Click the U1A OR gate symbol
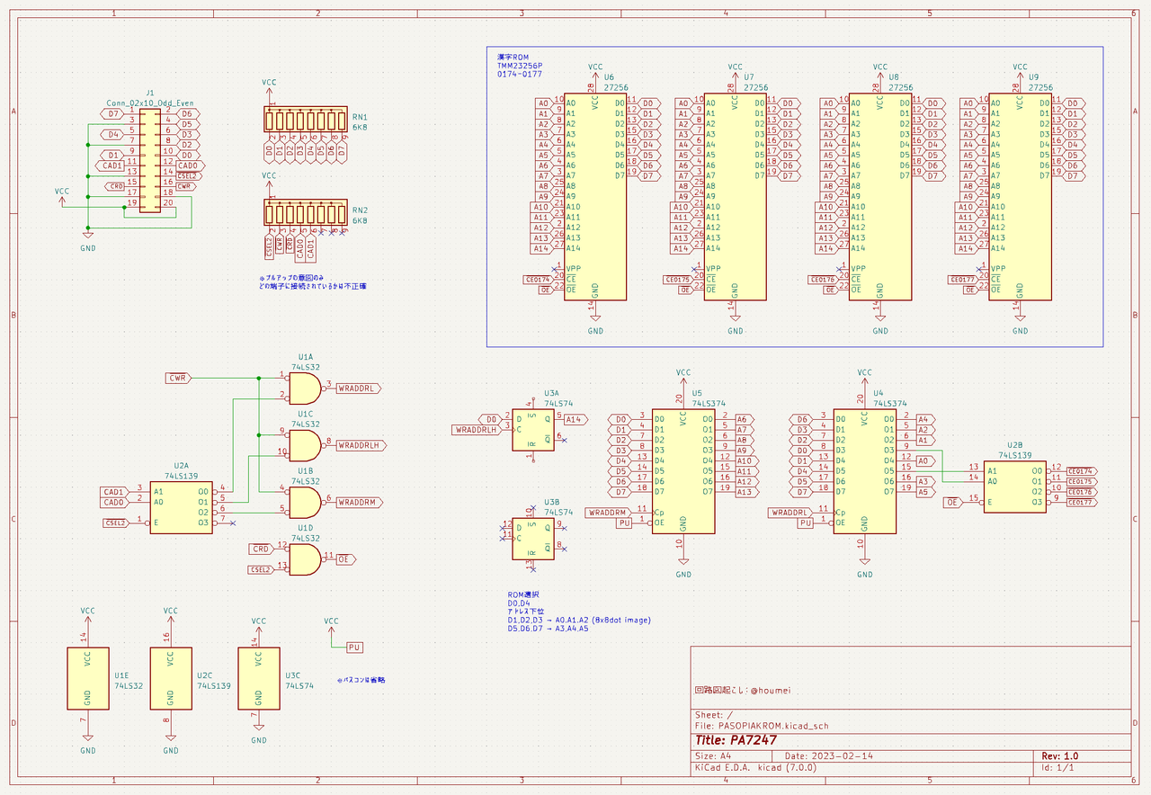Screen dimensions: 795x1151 click(304, 389)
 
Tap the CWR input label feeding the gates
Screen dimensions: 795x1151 click(178, 379)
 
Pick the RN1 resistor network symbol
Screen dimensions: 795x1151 click(305, 120)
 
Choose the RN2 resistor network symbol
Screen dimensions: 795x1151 click(305, 213)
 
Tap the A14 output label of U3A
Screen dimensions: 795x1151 click(575, 419)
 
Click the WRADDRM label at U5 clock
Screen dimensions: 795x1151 click(608, 513)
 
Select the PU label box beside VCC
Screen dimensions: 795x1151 click(354, 647)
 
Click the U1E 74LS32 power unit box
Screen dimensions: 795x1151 click(88, 678)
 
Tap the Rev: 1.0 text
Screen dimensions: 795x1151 click(1060, 756)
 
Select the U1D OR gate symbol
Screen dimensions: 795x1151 click(304, 559)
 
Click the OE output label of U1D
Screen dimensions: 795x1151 click(345, 559)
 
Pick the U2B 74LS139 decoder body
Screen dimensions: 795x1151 click(1014, 486)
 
